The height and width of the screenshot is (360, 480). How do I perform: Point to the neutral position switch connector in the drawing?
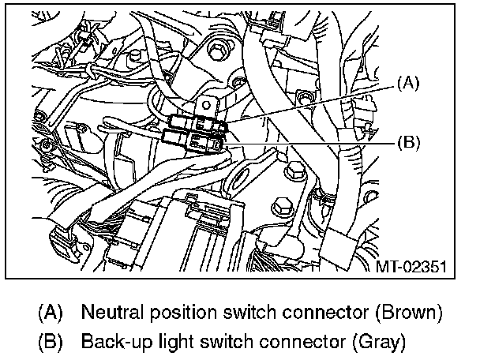click(198, 123)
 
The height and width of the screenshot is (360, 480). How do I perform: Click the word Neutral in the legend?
click(109, 312)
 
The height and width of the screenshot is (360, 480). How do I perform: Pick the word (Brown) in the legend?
click(404, 312)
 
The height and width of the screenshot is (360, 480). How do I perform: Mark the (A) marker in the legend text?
click(49, 312)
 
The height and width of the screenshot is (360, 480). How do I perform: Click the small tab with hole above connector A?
click(207, 103)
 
